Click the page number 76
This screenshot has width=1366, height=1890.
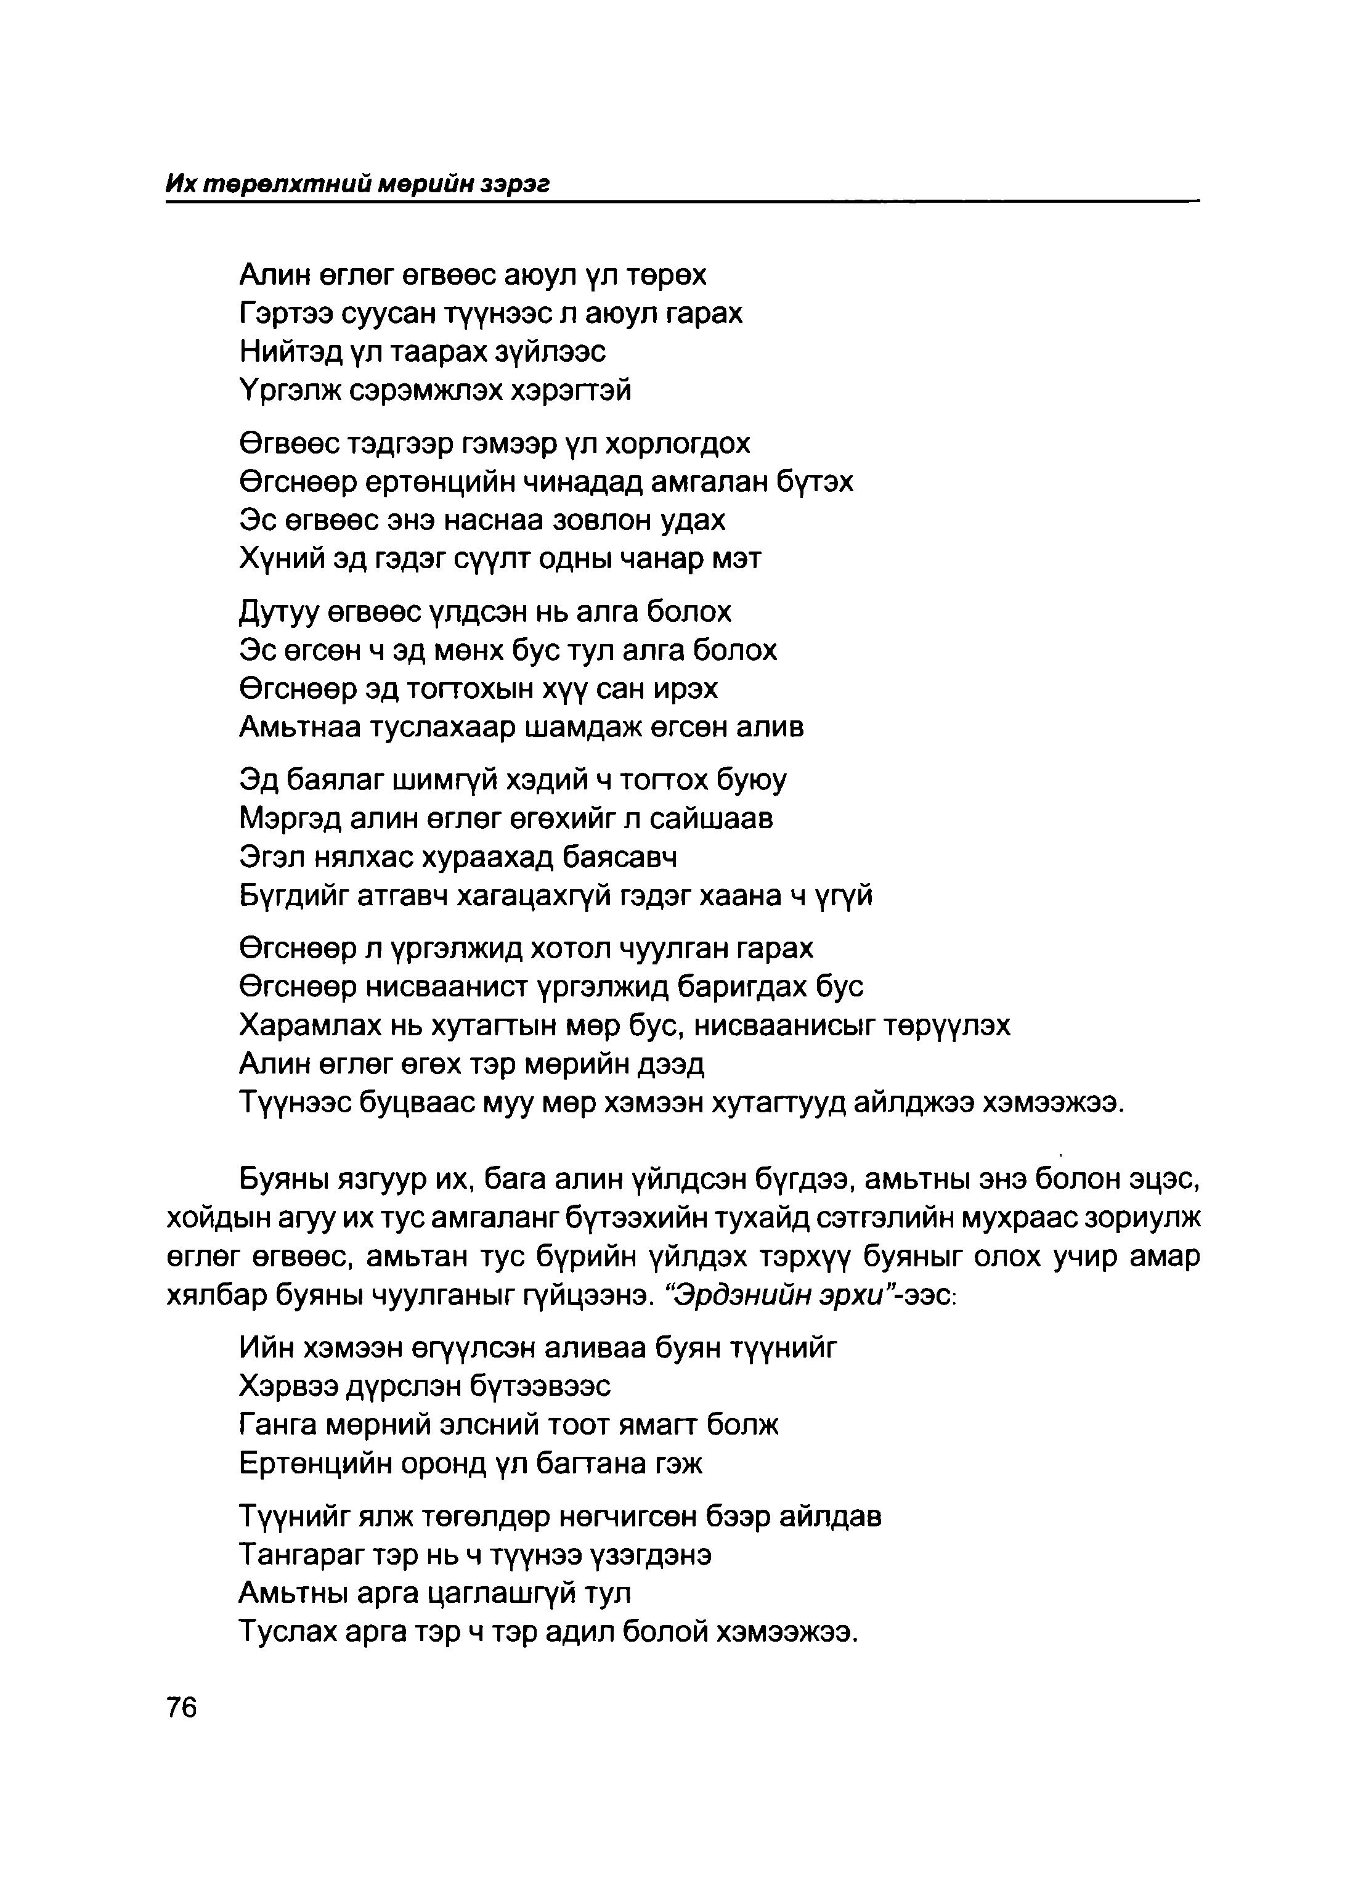click(181, 1708)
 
